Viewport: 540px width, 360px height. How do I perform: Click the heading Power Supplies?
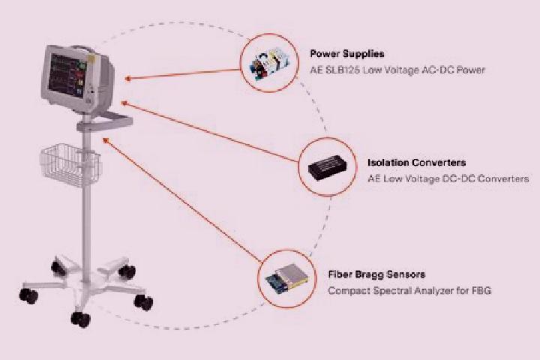coord(347,54)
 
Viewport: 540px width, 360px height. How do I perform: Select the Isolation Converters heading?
coord(417,163)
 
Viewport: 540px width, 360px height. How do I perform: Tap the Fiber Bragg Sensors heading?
coord(376,274)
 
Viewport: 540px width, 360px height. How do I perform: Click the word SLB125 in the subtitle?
coord(342,70)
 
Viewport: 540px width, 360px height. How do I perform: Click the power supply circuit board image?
coord(270,64)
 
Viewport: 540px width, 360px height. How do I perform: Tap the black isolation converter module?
coord(327,168)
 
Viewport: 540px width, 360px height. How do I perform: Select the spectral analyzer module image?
coord(286,278)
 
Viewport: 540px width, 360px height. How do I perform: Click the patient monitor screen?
coord(67,76)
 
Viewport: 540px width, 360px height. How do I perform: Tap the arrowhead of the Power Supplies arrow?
coord(127,79)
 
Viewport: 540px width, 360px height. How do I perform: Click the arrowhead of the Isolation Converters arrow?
coord(124,103)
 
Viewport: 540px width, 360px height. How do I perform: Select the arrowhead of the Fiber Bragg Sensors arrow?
coord(106,140)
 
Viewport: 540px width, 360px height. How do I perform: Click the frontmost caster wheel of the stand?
coord(80,319)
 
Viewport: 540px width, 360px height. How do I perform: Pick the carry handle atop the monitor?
coord(82,49)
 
